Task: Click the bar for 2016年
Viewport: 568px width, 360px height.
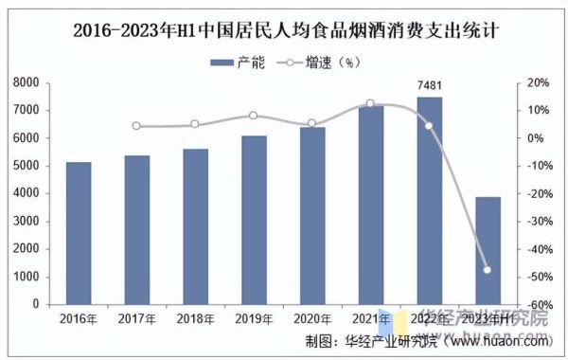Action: tap(79, 233)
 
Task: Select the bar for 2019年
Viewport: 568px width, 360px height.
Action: tap(254, 220)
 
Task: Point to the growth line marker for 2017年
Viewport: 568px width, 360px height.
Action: tap(136, 126)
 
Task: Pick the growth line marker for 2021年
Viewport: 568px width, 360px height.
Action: tap(370, 103)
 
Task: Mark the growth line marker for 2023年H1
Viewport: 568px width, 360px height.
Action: tap(488, 270)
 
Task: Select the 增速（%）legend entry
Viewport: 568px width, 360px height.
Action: tap(317, 63)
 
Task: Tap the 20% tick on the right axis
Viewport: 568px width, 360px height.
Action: tap(537, 83)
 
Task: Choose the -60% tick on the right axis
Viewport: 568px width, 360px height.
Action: tap(537, 305)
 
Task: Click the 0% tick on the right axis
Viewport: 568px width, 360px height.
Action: tap(534, 138)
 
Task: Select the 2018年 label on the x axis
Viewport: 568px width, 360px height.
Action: tap(195, 318)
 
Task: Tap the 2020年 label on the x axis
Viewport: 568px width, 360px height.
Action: tap(312, 318)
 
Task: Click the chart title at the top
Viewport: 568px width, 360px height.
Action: tap(285, 29)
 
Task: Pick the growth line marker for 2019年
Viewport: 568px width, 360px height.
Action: tap(254, 116)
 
